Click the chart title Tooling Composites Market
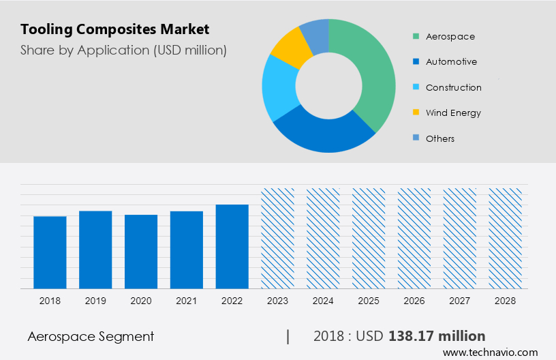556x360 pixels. [114, 29]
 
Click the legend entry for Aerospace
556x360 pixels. [450, 36]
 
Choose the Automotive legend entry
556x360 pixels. [451, 61]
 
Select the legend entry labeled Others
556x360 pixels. [440, 138]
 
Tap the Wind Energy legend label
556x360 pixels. [453, 112]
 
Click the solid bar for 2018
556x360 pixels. [50, 252]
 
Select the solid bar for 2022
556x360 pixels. [232, 246]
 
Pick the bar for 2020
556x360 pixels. [141, 252]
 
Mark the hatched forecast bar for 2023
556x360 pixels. [278, 238]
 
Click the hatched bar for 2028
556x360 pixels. [506, 238]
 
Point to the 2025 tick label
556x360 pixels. [369, 300]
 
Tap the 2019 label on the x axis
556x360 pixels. [95, 300]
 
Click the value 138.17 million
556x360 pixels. [437, 336]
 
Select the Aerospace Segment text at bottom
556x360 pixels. [91, 336]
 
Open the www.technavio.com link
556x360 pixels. [490, 352]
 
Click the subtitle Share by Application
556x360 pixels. [123, 50]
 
